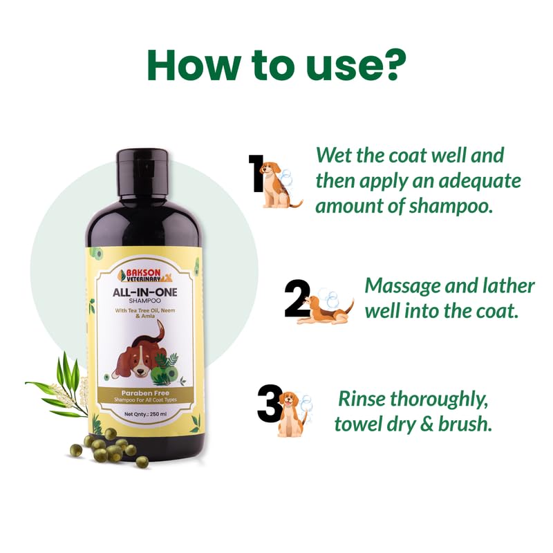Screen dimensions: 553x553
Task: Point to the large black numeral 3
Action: point(270,403)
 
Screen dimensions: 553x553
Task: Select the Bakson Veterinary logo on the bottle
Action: point(144,275)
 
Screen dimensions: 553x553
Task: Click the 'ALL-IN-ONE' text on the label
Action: point(144,292)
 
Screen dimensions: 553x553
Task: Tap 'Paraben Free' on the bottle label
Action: point(145,393)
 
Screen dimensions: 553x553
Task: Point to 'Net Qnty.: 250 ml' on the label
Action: point(145,414)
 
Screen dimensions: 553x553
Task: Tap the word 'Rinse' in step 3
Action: point(362,399)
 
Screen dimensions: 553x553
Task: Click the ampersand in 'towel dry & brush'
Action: point(427,424)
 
